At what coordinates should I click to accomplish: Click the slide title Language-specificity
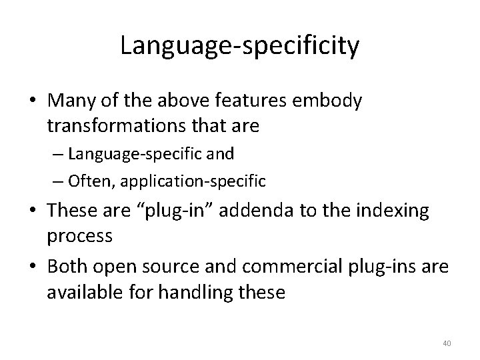point(240,45)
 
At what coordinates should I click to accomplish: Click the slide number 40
point(447,343)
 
